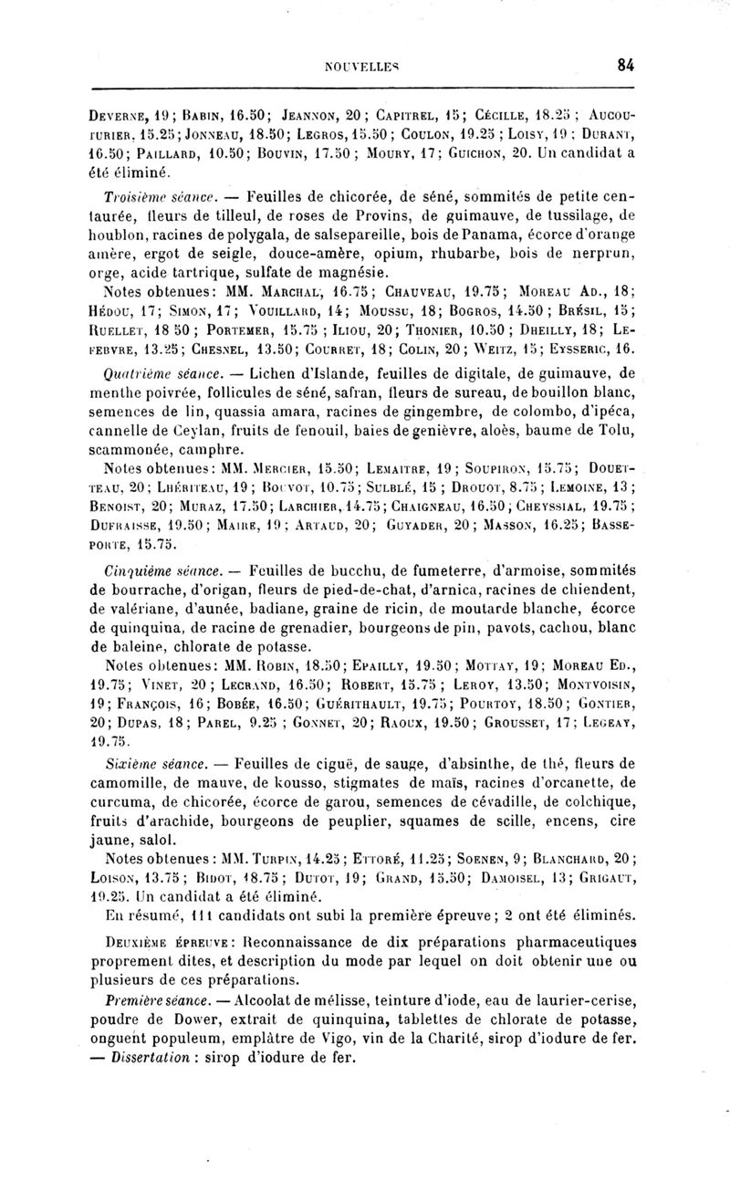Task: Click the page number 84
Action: tap(625, 65)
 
